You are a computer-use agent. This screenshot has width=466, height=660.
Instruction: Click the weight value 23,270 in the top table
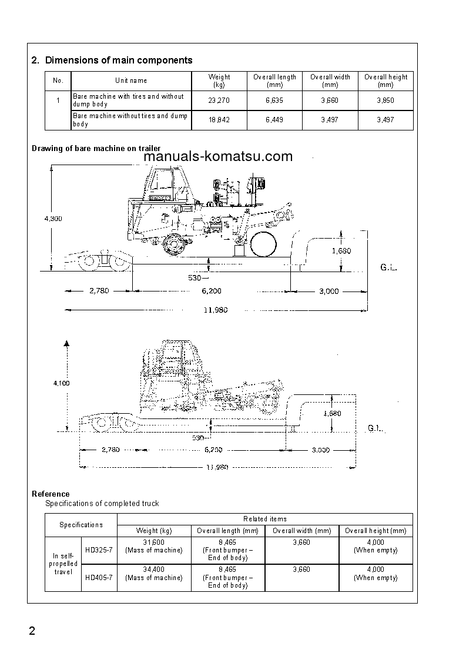point(219,100)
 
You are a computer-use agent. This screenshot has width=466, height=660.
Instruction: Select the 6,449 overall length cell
point(274,120)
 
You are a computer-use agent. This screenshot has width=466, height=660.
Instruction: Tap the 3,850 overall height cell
point(385,100)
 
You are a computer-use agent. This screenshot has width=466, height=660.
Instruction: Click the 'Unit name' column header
point(131,81)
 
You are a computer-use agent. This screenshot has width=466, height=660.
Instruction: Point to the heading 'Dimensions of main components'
point(119,60)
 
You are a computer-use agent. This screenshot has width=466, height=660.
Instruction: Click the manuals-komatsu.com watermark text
point(217,156)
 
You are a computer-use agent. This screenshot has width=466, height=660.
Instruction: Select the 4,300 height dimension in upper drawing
point(53,219)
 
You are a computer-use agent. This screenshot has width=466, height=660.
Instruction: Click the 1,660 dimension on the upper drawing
point(341,251)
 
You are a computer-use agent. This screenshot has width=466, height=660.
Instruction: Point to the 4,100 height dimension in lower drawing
point(61,383)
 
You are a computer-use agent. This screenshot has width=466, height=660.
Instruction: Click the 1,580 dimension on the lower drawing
point(332,413)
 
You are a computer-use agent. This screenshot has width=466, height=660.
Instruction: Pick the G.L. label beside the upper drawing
point(389,268)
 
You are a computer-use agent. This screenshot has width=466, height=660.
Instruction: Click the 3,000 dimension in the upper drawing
point(328,291)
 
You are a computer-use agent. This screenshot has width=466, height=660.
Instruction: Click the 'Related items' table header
point(264,519)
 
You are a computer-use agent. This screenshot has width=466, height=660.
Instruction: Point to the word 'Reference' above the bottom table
point(51,494)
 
